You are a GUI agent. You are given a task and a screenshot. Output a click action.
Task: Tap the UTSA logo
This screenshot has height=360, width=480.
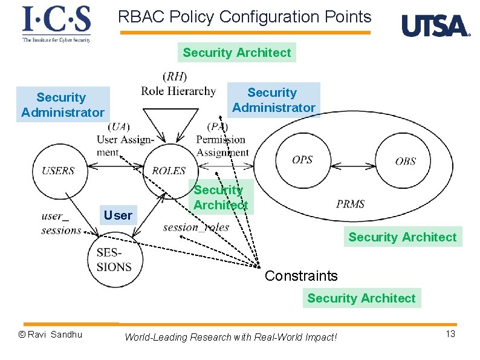click(436, 26)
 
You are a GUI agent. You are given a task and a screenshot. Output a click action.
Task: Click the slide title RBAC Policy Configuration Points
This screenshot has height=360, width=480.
click(244, 16)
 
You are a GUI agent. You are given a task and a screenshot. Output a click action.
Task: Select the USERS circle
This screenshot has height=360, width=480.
click(58, 171)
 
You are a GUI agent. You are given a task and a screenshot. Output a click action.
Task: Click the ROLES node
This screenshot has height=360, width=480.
click(169, 170)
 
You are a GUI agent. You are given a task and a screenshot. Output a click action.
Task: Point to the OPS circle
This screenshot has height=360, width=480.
click(302, 160)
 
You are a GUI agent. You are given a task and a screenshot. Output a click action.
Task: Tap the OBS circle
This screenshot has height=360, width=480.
click(405, 161)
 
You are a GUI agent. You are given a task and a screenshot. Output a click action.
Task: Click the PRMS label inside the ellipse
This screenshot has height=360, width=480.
click(351, 204)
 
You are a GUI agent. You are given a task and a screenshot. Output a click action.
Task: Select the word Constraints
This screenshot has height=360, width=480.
click(301, 276)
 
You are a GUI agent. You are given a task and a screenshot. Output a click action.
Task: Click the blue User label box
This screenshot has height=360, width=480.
click(117, 215)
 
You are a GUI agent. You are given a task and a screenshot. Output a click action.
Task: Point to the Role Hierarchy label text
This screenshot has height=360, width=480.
click(178, 91)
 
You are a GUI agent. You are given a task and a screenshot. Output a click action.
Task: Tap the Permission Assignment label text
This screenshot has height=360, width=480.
click(222, 146)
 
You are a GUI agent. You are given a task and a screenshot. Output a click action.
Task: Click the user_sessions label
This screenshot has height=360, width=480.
click(61, 223)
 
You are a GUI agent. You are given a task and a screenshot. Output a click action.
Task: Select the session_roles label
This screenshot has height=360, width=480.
click(196, 227)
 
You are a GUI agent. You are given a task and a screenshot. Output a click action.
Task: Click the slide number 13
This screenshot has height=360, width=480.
click(450, 335)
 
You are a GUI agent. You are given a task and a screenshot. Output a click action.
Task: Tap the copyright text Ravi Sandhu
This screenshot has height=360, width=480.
click(50, 335)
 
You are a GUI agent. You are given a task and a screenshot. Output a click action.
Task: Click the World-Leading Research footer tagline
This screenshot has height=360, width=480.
click(230, 337)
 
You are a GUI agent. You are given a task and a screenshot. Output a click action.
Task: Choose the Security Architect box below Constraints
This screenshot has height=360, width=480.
click(361, 298)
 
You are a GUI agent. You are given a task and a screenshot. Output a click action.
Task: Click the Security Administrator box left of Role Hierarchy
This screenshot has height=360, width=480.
click(63, 105)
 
